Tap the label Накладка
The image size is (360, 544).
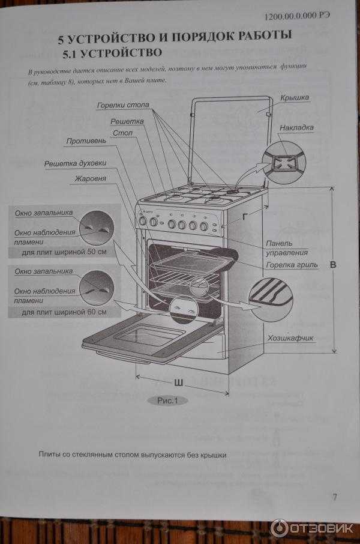coord(296,128)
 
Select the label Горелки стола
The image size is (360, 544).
coord(123,106)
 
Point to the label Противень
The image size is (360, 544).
coord(86,142)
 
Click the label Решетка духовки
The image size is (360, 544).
coord(75,163)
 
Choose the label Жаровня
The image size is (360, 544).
coord(91,179)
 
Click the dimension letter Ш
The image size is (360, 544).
coord(178,382)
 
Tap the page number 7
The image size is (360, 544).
coord(334,497)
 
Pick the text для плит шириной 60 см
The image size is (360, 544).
coord(64,312)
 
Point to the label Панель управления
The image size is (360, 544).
coord(287,247)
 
